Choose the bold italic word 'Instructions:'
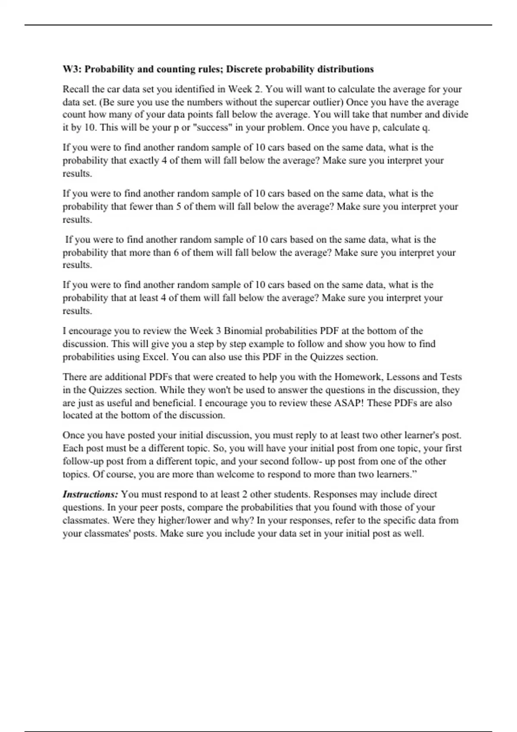tap(90, 494)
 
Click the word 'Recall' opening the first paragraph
tap(76, 90)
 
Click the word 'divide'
tap(455, 115)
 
